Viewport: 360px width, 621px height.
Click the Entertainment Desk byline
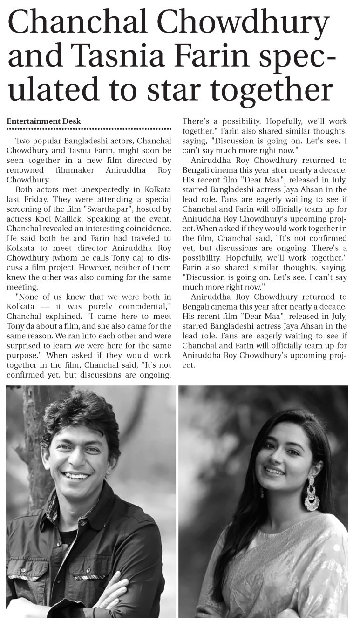(x=43, y=121)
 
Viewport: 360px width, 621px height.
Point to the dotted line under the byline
(x=89, y=129)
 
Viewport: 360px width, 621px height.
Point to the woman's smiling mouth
(x=274, y=471)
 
